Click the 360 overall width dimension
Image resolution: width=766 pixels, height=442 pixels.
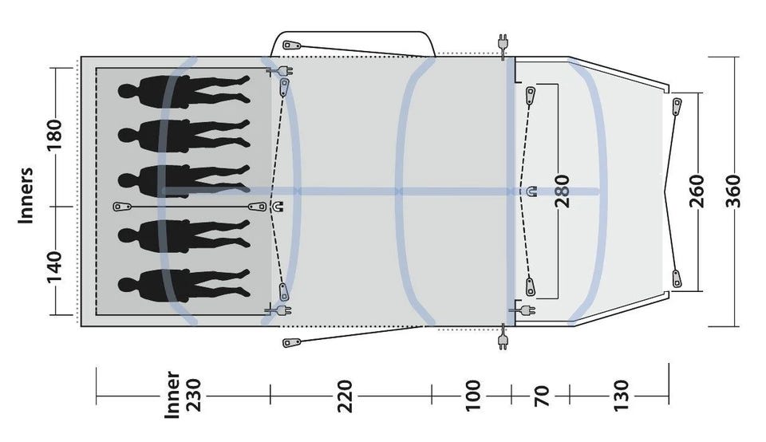click(732, 191)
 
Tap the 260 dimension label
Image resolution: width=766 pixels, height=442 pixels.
click(697, 191)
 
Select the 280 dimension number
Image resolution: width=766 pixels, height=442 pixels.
click(563, 191)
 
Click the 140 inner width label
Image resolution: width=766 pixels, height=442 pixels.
click(54, 267)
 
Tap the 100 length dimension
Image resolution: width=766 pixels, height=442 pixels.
click(472, 396)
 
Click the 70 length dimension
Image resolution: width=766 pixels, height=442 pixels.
click(541, 396)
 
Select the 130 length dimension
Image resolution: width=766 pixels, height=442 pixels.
click(620, 396)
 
